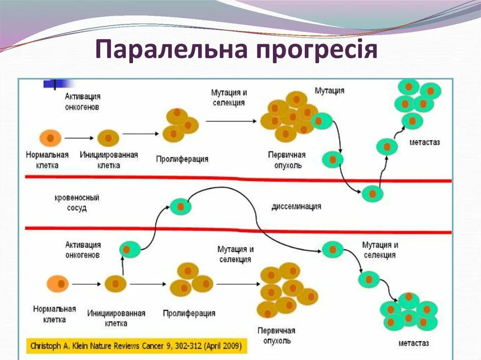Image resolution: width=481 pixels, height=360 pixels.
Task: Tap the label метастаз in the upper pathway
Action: (424, 142)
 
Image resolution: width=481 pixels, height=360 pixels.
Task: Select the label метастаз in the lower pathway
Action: (413, 343)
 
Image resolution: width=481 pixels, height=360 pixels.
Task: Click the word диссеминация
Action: (296, 206)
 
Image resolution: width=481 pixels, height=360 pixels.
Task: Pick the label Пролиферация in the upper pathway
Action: (182, 159)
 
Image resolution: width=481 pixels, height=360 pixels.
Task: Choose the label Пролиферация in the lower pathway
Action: (189, 313)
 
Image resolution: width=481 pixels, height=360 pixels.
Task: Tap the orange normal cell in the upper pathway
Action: (50, 138)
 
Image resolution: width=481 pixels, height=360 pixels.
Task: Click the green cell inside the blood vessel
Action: (180, 207)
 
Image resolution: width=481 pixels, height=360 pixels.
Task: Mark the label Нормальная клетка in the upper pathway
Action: (47, 160)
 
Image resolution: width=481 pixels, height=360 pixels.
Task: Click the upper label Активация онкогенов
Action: (83, 101)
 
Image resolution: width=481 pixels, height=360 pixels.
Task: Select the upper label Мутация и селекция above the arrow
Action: (229, 97)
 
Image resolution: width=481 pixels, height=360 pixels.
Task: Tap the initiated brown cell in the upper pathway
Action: (108, 138)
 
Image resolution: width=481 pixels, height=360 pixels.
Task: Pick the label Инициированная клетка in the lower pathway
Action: (116, 318)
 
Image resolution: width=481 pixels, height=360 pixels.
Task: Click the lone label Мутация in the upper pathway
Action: (329, 90)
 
